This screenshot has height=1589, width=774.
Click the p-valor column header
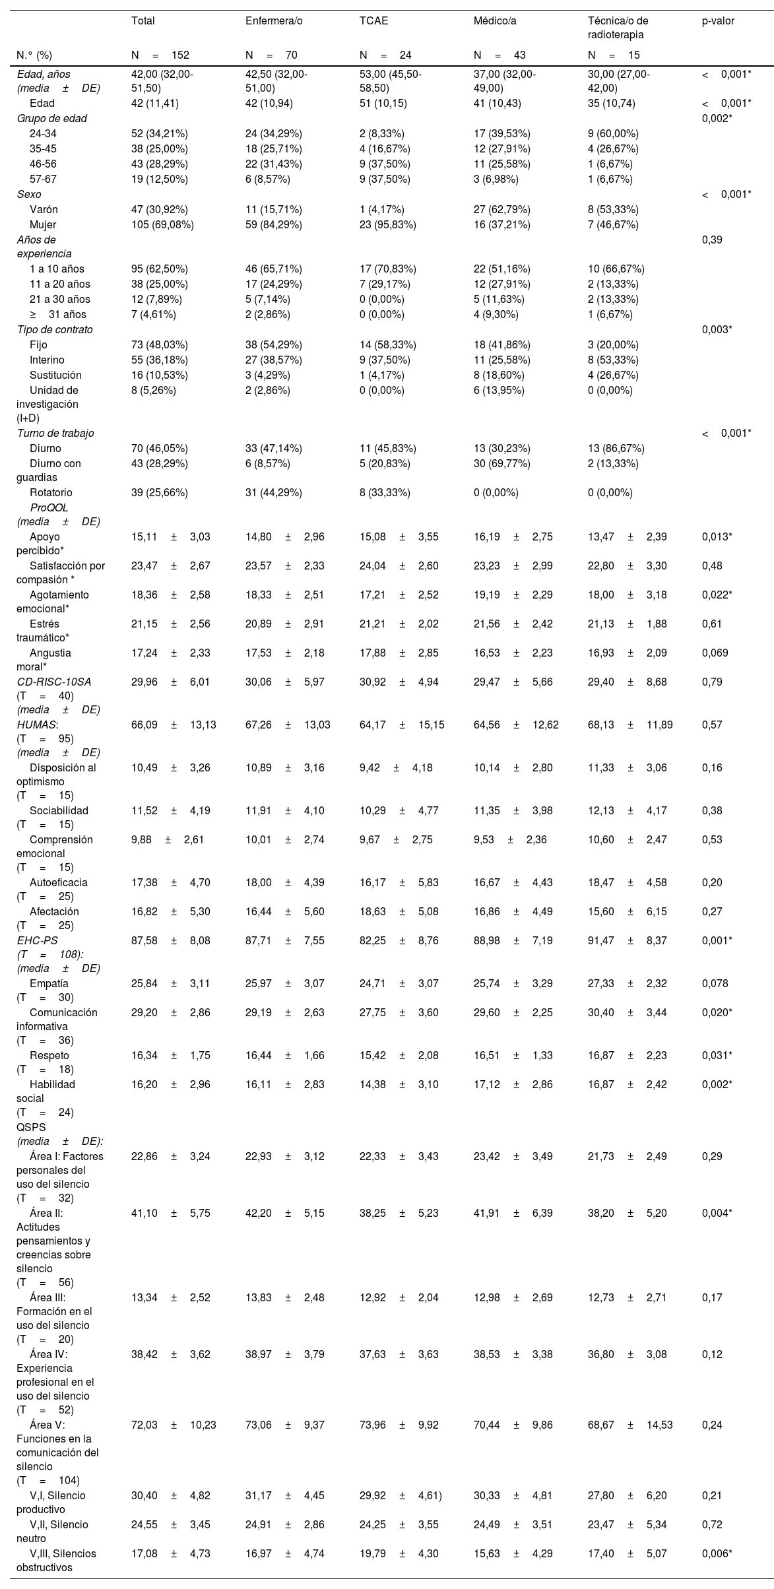click(718, 20)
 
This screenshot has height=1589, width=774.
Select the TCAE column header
click(373, 20)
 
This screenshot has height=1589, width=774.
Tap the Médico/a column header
click(495, 20)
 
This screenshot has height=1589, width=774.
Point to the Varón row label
click(44, 209)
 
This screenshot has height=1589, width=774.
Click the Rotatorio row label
click(51, 492)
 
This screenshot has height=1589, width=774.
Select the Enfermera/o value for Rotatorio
click(273, 492)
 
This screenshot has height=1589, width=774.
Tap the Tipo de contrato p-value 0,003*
click(717, 329)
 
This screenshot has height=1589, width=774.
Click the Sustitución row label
click(55, 375)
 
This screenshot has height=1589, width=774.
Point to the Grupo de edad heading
click(52, 118)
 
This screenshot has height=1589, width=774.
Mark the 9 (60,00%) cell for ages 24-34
click(613, 133)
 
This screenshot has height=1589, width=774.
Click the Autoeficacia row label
click(58, 882)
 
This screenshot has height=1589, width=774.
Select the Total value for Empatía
click(170, 983)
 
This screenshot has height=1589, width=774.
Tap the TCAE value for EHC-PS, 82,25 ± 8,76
click(399, 940)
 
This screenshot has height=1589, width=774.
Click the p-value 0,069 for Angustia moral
click(715, 653)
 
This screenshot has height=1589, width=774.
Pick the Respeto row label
click(49, 1055)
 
